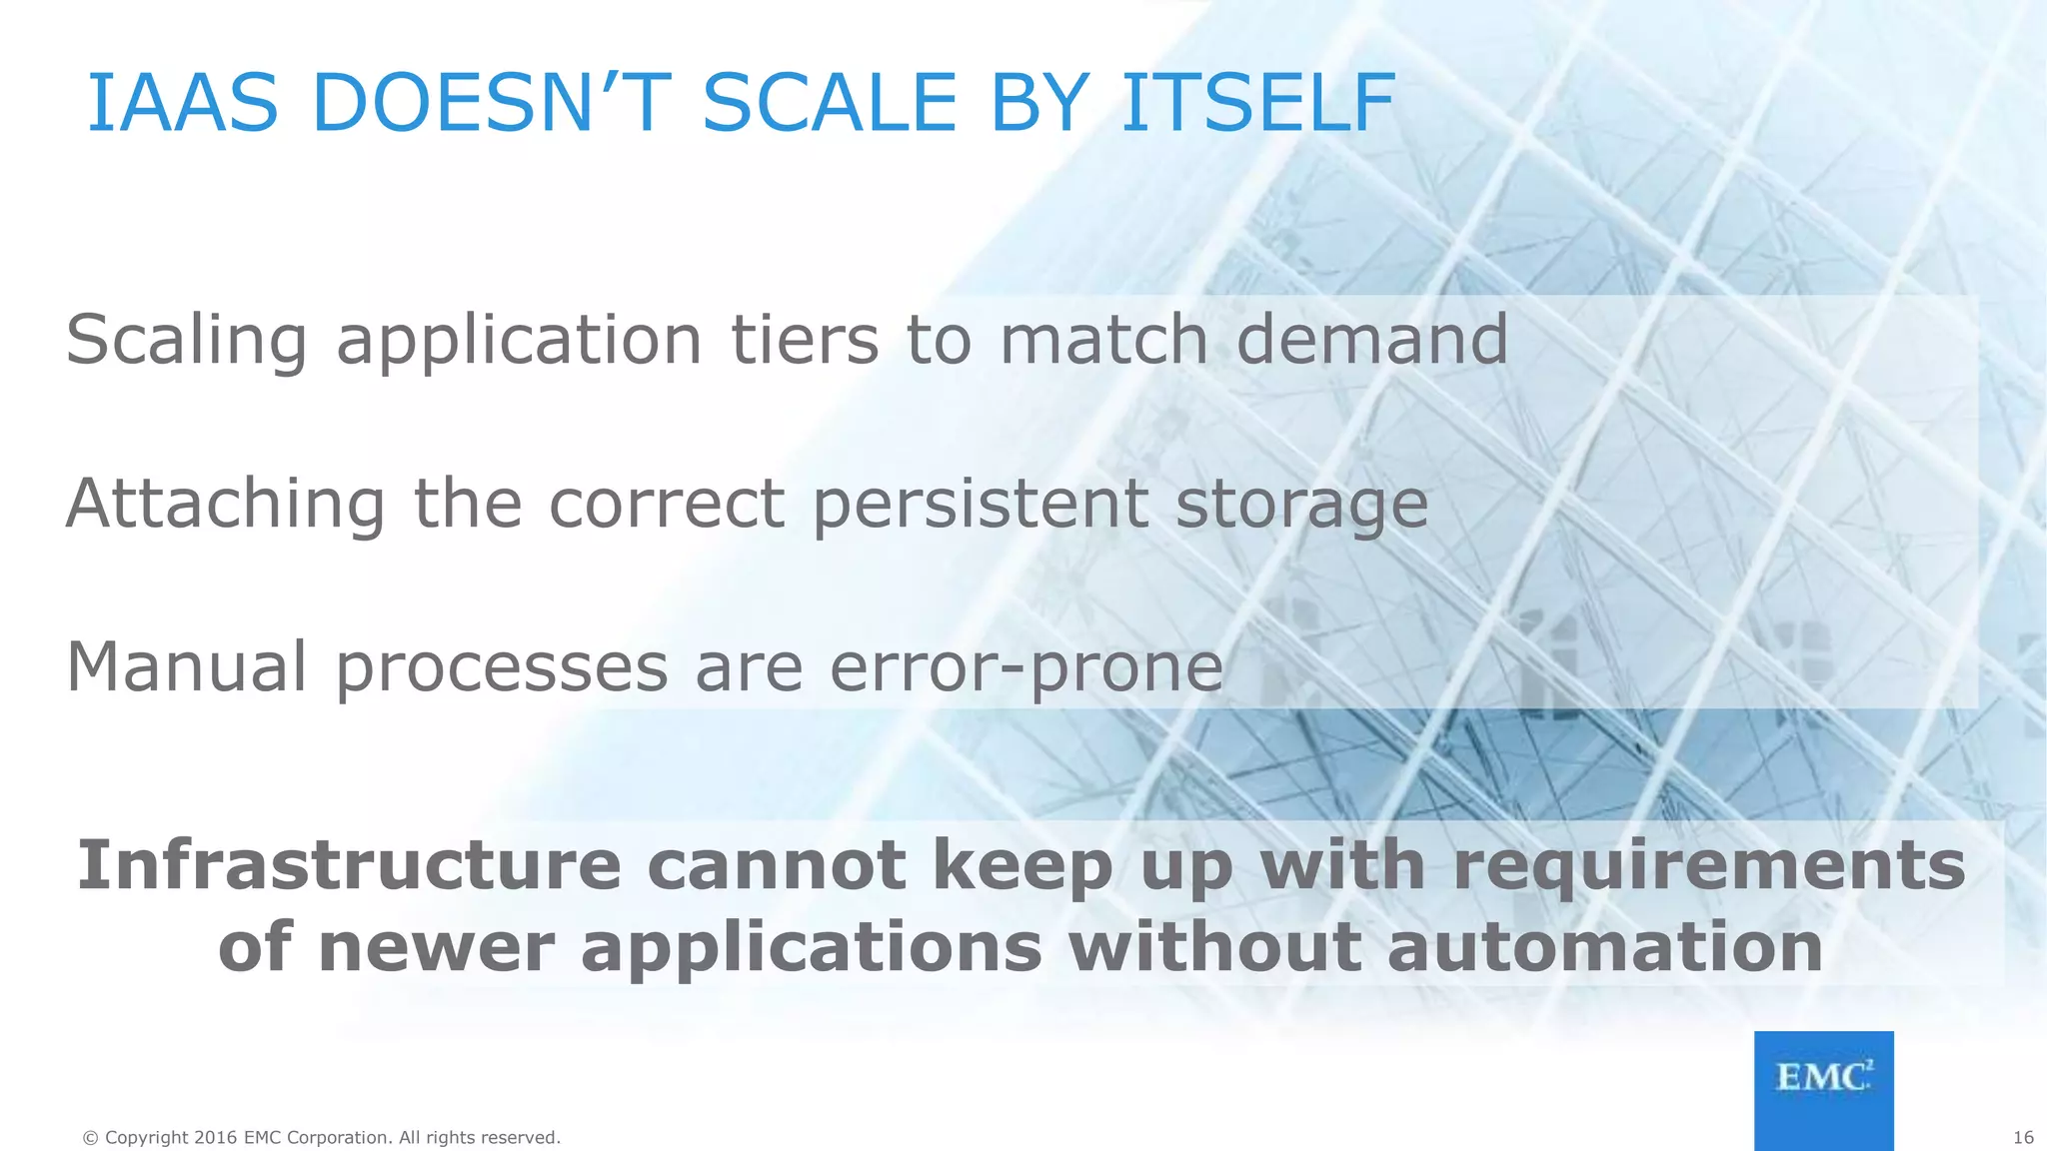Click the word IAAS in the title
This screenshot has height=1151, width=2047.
(182, 104)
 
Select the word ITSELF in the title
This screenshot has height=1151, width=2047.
(1256, 104)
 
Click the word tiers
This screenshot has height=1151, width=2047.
(804, 340)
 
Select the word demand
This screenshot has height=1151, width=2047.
(1371, 340)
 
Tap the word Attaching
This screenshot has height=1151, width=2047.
(225, 505)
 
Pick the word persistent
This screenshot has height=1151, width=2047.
(980, 505)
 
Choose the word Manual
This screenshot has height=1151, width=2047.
(186, 667)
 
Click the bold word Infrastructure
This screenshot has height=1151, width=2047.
(349, 865)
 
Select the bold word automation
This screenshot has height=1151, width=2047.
(1605, 947)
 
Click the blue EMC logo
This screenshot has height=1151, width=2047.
(1823, 1089)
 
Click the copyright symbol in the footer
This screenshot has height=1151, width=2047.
(91, 1138)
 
